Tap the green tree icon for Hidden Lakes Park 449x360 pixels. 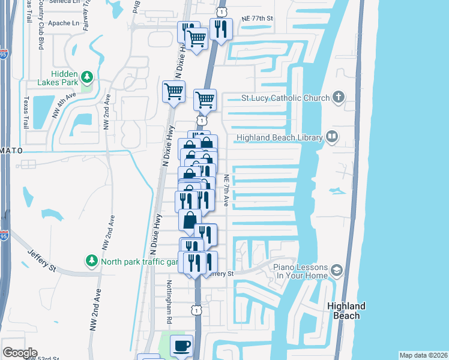click(x=88, y=77)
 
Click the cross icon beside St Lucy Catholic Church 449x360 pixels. click(x=339, y=97)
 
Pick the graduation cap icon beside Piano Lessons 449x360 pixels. click(x=337, y=272)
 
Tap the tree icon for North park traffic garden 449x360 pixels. click(x=91, y=262)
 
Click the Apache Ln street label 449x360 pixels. click(x=67, y=23)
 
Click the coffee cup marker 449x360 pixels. click(x=181, y=346)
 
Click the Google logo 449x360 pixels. click(x=20, y=353)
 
